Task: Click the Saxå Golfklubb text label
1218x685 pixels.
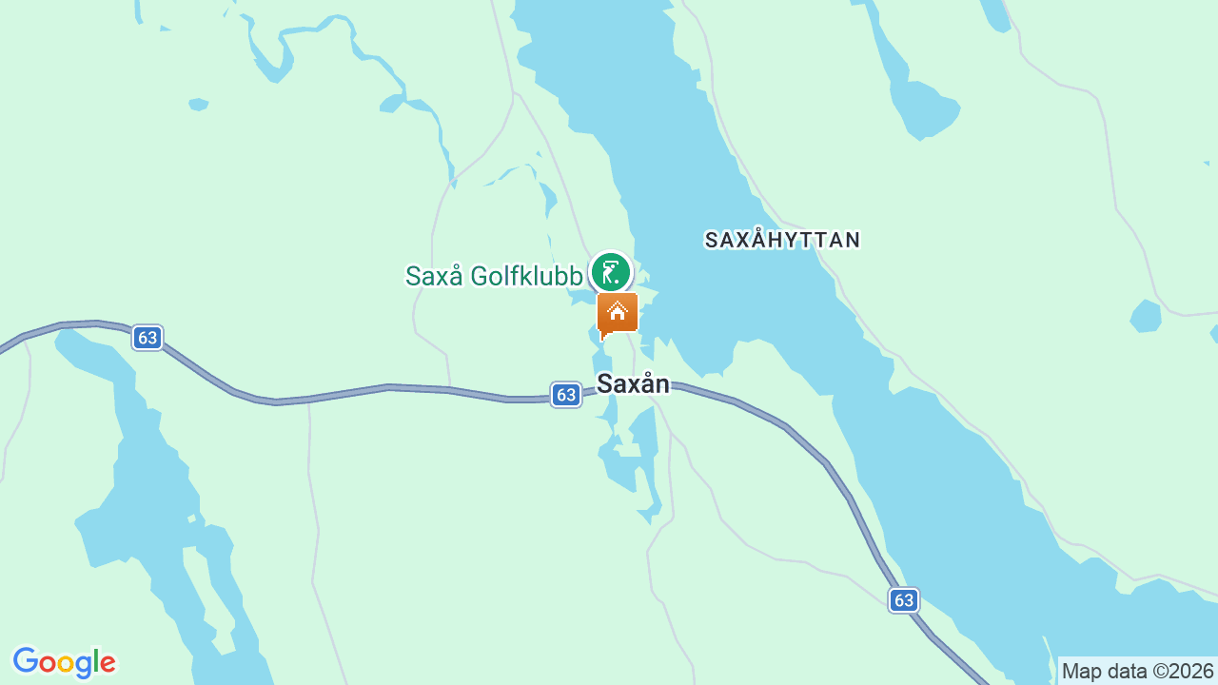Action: click(x=493, y=276)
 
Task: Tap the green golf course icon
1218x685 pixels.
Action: click(x=610, y=273)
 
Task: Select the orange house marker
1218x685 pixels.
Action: click(x=618, y=312)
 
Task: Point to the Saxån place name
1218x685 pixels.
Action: click(x=633, y=383)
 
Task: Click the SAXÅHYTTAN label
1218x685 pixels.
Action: click(x=782, y=240)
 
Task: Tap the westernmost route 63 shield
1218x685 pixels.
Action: click(x=147, y=338)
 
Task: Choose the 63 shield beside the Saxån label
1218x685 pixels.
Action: click(x=566, y=394)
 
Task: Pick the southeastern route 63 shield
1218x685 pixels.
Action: click(x=904, y=599)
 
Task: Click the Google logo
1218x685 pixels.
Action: click(x=64, y=663)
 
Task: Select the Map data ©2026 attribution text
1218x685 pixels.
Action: click(x=1137, y=671)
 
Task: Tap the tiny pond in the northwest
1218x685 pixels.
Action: click(x=198, y=104)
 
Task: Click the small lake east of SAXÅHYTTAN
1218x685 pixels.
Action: click(x=1146, y=316)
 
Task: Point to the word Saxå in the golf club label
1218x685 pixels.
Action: click(x=433, y=276)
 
